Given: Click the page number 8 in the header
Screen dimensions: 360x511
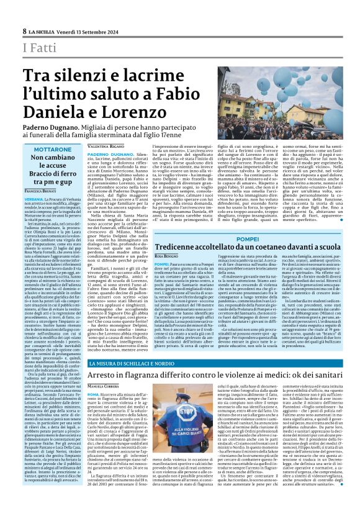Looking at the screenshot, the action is click(x=25, y=31).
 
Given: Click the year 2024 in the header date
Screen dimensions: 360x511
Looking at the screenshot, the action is click(x=112, y=31).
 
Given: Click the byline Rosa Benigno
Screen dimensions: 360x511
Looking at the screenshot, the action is click(x=167, y=256).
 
